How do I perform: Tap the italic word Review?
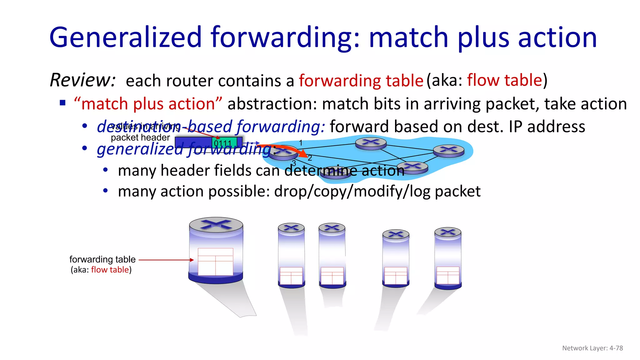click(x=82, y=80)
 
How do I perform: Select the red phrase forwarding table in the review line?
click(x=361, y=81)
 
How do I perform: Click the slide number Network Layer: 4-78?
click(x=592, y=348)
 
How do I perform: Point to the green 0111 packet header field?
click(x=224, y=142)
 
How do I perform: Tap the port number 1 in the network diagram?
click(x=301, y=143)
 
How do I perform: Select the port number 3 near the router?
click(x=294, y=163)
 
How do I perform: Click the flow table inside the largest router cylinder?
click(x=215, y=262)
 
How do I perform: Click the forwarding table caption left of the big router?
click(x=102, y=259)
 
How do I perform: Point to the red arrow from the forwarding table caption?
click(x=166, y=260)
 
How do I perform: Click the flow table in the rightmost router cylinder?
click(x=448, y=275)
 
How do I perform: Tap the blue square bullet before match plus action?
click(x=63, y=103)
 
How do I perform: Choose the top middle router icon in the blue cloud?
click(x=371, y=143)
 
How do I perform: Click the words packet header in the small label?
click(x=140, y=137)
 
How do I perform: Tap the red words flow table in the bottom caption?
click(x=110, y=270)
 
